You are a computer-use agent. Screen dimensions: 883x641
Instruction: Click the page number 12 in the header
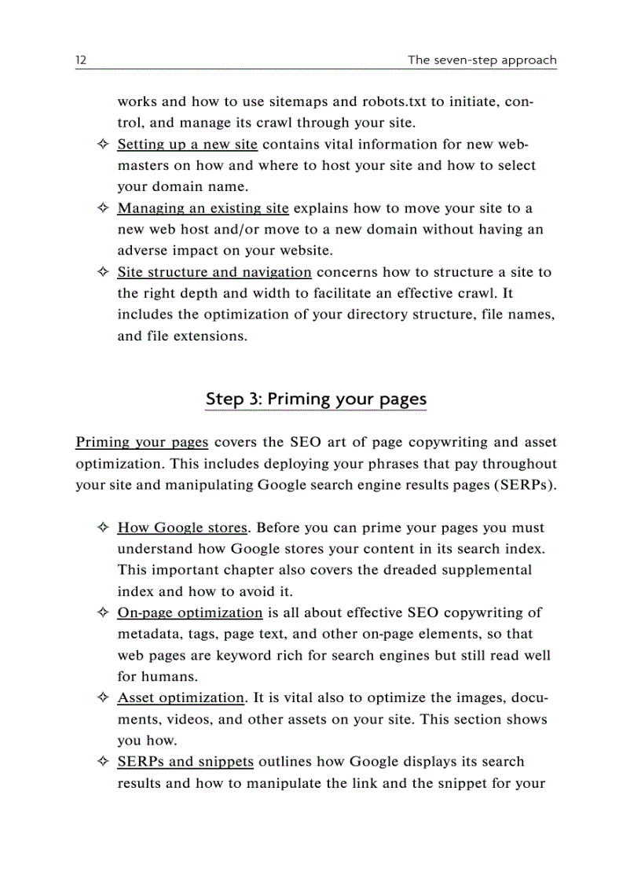tap(80, 60)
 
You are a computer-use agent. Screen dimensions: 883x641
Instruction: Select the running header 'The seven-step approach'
tap(482, 60)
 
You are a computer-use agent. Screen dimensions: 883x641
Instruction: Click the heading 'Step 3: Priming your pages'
tap(316, 399)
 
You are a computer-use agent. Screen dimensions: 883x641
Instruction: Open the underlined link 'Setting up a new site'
tap(187, 145)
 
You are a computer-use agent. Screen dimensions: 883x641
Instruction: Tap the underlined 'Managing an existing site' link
tap(203, 208)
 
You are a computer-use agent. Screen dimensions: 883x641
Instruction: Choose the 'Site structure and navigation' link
tap(214, 272)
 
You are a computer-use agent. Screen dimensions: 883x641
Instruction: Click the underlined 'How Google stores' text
tap(182, 528)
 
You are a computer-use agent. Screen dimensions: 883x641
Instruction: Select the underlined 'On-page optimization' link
tap(189, 613)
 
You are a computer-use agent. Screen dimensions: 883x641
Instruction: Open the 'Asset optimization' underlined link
tap(181, 697)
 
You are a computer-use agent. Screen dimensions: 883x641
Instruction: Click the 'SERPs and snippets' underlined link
tap(185, 761)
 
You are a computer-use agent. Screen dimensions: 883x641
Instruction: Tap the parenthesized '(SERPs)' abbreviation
tap(524, 484)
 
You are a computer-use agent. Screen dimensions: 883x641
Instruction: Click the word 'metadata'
tap(146, 634)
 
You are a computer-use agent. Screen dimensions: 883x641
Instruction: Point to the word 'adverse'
tap(141, 251)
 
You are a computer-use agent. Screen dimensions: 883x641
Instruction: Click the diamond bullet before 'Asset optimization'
tap(102, 698)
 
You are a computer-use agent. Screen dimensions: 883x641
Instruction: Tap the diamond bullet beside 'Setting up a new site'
tap(102, 145)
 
